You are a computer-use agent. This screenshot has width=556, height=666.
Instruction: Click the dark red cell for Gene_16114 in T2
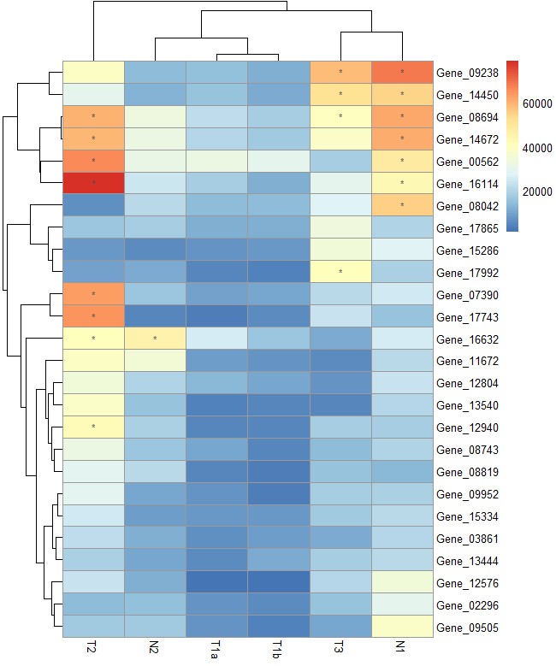(x=93, y=183)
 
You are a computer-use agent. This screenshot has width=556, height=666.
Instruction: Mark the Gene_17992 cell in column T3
(x=340, y=272)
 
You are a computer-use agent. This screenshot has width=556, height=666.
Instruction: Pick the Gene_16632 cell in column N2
(x=155, y=339)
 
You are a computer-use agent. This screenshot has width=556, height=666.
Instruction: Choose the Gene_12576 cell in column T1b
(x=278, y=582)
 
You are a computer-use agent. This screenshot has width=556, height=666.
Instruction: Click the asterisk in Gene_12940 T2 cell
(x=93, y=427)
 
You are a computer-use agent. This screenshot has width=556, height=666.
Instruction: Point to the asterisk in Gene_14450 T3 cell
(x=340, y=94)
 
